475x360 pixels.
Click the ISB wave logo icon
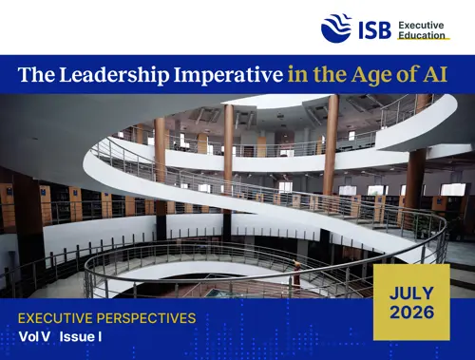pyautogui.click(x=336, y=28)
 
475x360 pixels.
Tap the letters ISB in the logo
pyautogui.click(x=375, y=30)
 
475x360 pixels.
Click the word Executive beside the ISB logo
pyautogui.click(x=421, y=25)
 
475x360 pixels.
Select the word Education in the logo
pyautogui.click(x=422, y=35)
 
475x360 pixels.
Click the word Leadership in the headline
pyautogui.click(x=114, y=75)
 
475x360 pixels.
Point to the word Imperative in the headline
pyautogui.click(x=228, y=75)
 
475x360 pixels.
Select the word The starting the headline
pyautogui.click(x=37, y=74)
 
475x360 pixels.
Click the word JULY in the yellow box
pyautogui.click(x=411, y=294)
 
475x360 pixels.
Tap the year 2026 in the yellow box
pyautogui.click(x=411, y=313)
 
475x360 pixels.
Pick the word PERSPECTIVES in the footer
pyautogui.click(x=146, y=318)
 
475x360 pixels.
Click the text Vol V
pyautogui.click(x=34, y=336)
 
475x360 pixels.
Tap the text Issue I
pyautogui.click(x=81, y=336)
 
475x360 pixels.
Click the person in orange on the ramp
pyautogui.click(x=296, y=273)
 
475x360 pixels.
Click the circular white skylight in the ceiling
pyautogui.click(x=275, y=102)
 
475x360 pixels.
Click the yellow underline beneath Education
pyautogui.click(x=424, y=39)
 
